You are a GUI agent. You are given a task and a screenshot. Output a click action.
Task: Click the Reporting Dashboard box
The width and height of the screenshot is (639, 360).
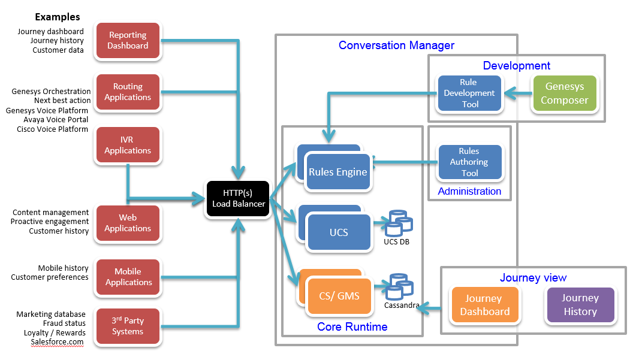pyautogui.click(x=128, y=41)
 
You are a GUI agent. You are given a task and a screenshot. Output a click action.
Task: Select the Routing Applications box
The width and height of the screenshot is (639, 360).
pyautogui.click(x=128, y=92)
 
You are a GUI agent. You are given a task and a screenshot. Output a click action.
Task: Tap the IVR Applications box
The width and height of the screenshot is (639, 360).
pyautogui.click(x=128, y=145)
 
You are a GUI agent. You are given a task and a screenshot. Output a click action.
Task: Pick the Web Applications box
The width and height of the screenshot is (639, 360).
pyautogui.click(x=128, y=223)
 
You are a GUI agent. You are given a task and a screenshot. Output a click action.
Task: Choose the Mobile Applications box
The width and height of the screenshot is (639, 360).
pyautogui.click(x=128, y=277)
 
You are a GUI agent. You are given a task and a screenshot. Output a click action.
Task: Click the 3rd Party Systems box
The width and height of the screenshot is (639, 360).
pyautogui.click(x=128, y=326)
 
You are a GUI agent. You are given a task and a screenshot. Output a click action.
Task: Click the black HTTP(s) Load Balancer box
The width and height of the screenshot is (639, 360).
pyautogui.click(x=238, y=199)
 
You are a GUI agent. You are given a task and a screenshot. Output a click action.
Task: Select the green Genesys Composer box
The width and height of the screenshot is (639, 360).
pyautogui.click(x=565, y=93)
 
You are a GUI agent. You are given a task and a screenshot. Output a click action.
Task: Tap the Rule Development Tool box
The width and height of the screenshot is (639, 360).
pyautogui.click(x=470, y=93)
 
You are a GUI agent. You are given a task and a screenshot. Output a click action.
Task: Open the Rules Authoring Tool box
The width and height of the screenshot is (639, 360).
pyautogui.click(x=470, y=162)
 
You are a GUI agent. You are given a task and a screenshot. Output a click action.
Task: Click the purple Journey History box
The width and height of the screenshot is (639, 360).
pyautogui.click(x=580, y=305)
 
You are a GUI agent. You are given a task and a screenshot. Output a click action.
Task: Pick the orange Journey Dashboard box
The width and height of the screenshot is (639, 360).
pyautogui.click(x=484, y=305)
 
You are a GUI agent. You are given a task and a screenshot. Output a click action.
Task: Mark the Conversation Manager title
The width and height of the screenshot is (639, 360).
pyautogui.click(x=396, y=46)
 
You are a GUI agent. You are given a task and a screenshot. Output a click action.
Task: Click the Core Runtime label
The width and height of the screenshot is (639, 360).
pyautogui.click(x=352, y=327)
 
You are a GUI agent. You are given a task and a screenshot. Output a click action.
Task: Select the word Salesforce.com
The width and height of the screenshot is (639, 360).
pyautogui.click(x=58, y=341)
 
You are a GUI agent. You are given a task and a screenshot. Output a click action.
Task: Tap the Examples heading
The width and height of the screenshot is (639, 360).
pyautogui.click(x=57, y=17)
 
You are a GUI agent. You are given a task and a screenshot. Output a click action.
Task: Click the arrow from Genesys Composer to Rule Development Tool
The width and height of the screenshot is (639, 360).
pyautogui.click(x=517, y=93)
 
